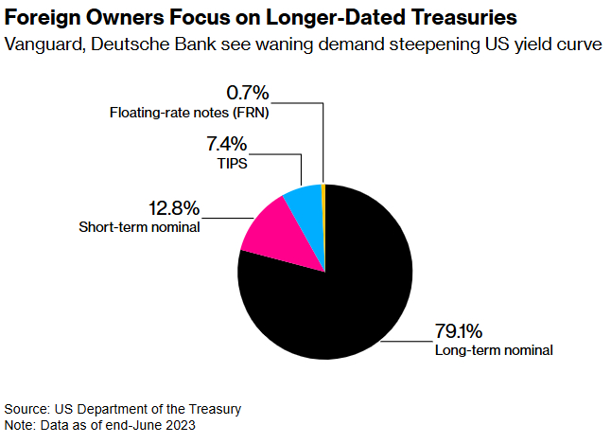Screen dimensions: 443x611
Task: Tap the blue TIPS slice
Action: pos(305,200)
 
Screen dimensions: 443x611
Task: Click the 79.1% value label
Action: pos(459,331)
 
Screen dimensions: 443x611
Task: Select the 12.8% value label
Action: pos(173,208)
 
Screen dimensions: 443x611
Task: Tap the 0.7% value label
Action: pos(248,93)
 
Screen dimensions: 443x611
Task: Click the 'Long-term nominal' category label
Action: pos(493,350)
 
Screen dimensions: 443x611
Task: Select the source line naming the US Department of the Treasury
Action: pos(123,409)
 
